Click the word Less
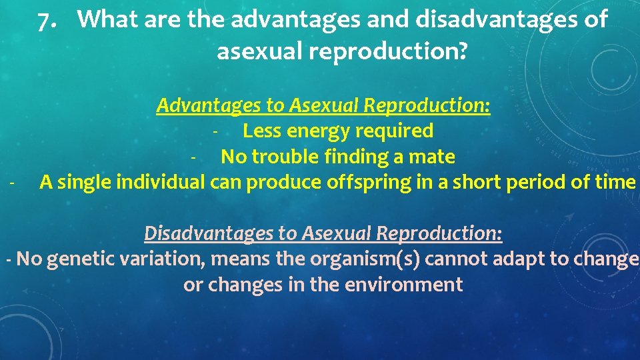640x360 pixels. [262, 131]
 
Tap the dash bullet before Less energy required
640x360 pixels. [215, 131]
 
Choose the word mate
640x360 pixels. [434, 157]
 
